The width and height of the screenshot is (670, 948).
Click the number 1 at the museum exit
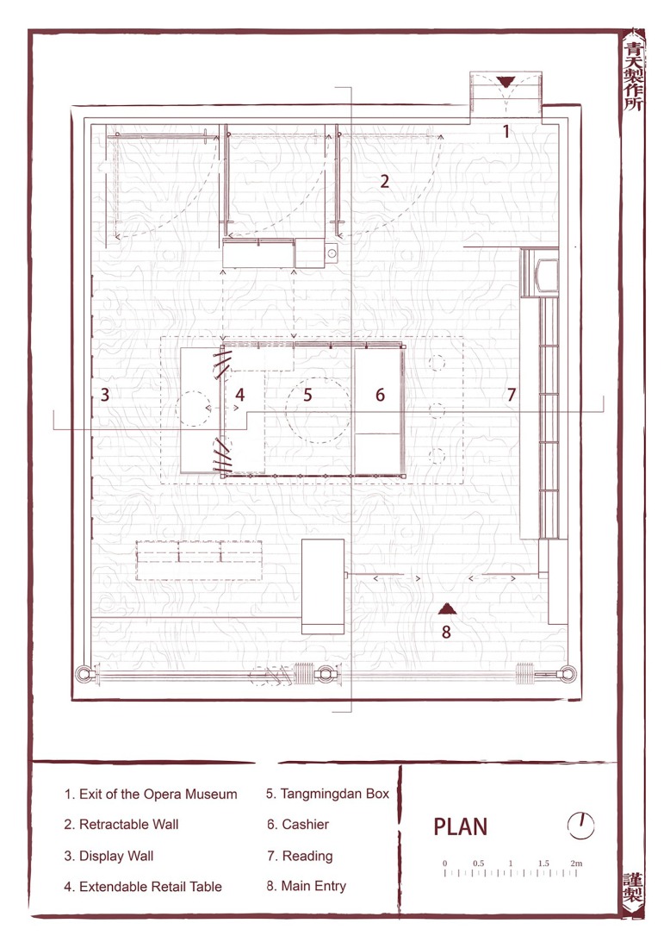click(x=506, y=132)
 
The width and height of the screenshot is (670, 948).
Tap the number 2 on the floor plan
click(x=385, y=181)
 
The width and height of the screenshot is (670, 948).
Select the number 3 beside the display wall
click(x=105, y=396)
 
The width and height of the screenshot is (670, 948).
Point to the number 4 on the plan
click(x=240, y=396)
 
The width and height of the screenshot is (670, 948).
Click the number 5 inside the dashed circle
click(x=307, y=396)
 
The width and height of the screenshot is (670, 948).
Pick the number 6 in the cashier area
click(x=380, y=396)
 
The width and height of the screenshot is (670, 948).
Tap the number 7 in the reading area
click(x=511, y=396)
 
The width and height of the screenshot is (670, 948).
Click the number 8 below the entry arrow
click(x=446, y=632)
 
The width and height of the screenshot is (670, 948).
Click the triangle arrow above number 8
click(x=446, y=608)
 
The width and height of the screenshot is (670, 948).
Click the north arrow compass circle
click(x=581, y=826)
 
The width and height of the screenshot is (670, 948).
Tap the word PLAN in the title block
click(x=460, y=827)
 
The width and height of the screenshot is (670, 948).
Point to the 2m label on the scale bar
click(x=575, y=863)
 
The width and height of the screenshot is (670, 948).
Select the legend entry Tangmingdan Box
click(x=328, y=794)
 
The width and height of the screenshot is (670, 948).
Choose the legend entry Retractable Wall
click(x=121, y=825)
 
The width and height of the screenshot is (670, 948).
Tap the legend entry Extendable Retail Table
click(x=143, y=887)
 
